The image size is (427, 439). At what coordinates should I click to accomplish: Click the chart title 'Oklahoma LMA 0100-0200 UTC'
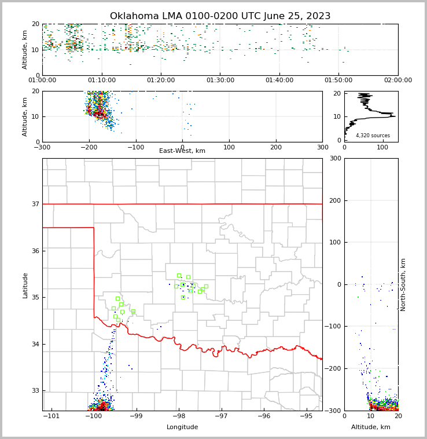[x=220, y=16]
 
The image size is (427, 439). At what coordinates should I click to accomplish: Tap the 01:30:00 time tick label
[x=220, y=81]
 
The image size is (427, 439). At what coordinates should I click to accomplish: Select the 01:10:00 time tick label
[x=102, y=81]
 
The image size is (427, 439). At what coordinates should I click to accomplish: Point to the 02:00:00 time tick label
[x=398, y=81]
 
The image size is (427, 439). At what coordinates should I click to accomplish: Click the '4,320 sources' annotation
[x=373, y=136]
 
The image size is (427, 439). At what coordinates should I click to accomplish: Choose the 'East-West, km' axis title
[x=182, y=151]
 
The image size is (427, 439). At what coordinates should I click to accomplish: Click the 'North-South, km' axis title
[x=403, y=284]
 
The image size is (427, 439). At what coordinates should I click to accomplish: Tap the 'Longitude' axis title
[x=182, y=427]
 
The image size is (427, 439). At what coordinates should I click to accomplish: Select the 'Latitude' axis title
[x=25, y=285]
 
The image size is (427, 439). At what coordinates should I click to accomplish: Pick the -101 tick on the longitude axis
[x=51, y=416]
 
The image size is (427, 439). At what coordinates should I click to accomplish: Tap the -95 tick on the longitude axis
[x=306, y=416]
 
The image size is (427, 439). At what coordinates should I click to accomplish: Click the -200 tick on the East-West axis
[x=89, y=147]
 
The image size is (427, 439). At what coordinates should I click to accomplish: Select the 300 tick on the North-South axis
[x=334, y=158]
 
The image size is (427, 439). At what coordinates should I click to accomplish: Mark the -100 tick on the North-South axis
[x=333, y=327]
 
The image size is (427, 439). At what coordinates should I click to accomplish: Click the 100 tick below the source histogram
[x=382, y=147]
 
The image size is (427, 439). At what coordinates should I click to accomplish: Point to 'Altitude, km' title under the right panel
[x=371, y=427]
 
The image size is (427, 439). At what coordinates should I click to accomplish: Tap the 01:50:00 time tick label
[x=338, y=81]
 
